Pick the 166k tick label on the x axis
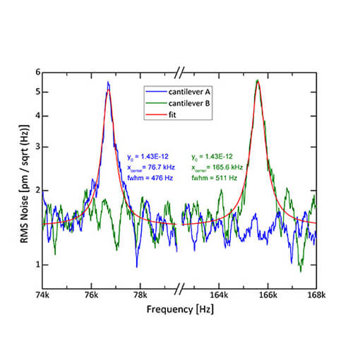click(x=268, y=296)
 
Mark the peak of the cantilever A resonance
click(x=108, y=82)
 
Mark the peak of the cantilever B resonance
click(x=258, y=80)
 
